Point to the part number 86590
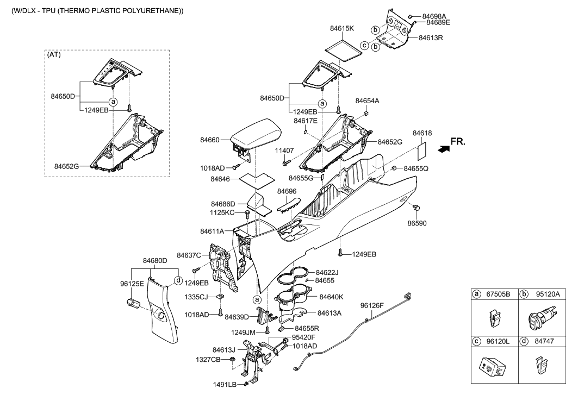[x=417, y=223]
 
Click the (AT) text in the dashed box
[x=54, y=55]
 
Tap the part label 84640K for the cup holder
[x=332, y=297]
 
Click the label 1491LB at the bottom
[x=226, y=385]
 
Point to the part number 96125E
[x=132, y=283]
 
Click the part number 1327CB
[x=208, y=360]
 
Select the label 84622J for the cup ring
[x=327, y=272]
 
